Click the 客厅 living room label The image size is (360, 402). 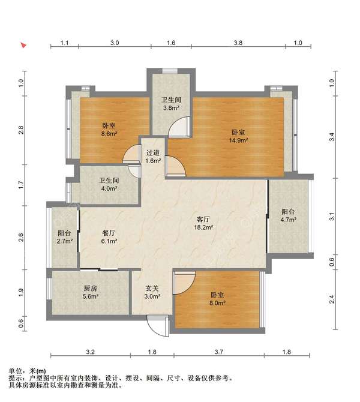[203, 219]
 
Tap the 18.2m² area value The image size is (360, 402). [203, 227]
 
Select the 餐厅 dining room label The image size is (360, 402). [109, 233]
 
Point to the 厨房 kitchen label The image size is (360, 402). [90, 288]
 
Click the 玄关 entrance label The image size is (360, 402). [152, 288]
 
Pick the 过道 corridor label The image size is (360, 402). [153, 153]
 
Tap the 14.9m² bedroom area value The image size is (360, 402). [238, 140]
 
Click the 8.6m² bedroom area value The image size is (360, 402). [109, 134]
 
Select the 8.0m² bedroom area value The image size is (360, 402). [217, 303]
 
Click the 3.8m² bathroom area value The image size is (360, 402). [171, 108]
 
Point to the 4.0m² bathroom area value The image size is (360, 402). [109, 188]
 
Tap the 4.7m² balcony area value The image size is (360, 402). [289, 220]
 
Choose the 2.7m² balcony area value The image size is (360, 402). [65, 241]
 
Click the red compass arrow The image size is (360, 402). [23, 45]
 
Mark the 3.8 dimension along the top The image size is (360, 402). [238, 43]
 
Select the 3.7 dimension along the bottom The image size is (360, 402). [219, 352]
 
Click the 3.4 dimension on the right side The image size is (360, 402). [332, 137]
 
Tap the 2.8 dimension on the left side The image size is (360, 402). [21, 130]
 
